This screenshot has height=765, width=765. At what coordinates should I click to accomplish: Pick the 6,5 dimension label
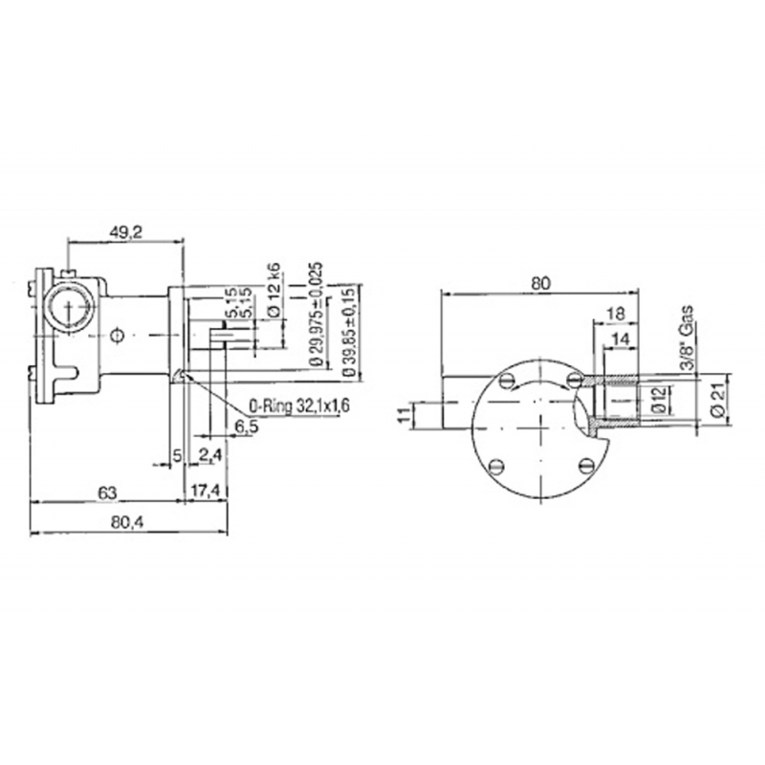pos(246,426)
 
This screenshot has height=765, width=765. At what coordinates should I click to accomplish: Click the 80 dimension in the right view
pos(540,283)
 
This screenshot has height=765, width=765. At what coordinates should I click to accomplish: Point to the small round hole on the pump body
pos(117,335)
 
